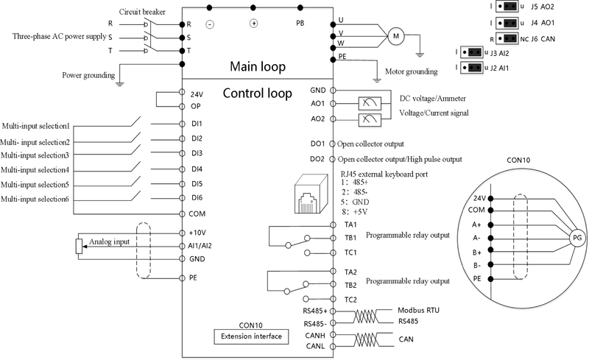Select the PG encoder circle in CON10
576,238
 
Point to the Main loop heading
258,66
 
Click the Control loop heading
257,93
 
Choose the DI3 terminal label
197,153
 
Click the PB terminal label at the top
300,23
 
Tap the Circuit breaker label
142,12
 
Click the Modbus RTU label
417,311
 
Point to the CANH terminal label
315,335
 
